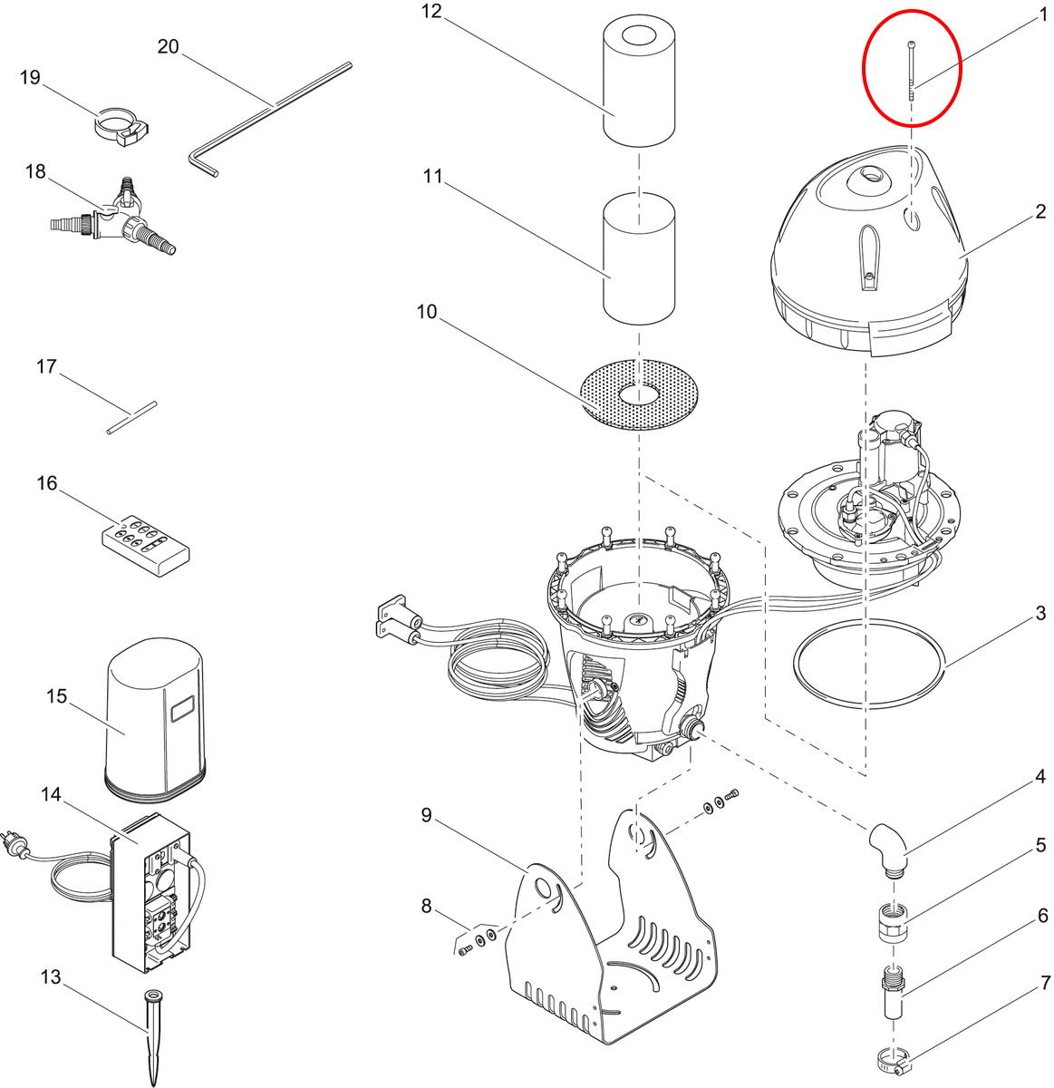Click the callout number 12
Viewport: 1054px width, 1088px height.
pyautogui.click(x=430, y=11)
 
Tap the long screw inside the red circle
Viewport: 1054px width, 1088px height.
pyautogui.click(x=912, y=71)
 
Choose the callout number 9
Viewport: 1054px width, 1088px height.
pyautogui.click(x=427, y=815)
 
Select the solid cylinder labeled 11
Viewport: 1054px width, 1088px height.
pyautogui.click(x=639, y=258)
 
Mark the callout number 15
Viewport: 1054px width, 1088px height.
pyautogui.click(x=56, y=696)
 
